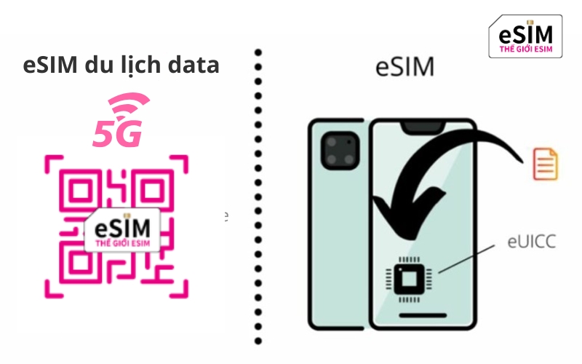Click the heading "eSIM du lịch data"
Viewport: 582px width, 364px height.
pos(121,66)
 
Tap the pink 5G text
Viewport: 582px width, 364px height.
pos(117,133)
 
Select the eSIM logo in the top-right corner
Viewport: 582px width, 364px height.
pos(525,36)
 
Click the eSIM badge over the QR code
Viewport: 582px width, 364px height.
pos(122,230)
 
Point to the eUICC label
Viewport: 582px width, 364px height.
pos(532,242)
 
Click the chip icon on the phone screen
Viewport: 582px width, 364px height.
pos(409,279)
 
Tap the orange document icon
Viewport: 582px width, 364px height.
pos(545,164)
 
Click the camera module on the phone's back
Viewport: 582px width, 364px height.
pos(340,151)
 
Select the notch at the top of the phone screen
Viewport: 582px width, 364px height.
pos(423,127)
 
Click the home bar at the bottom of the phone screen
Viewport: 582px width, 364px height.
pos(423,315)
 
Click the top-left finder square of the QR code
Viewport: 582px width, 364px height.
pos(80,191)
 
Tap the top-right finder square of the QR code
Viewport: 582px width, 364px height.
pos(153,191)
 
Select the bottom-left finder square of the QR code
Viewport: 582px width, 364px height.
pos(80,262)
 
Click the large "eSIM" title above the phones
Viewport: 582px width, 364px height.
pos(405,67)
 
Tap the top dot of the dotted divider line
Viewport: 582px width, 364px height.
pos(258,52)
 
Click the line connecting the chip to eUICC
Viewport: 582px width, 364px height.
pos(466,259)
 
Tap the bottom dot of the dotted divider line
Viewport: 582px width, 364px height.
pos(258,341)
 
